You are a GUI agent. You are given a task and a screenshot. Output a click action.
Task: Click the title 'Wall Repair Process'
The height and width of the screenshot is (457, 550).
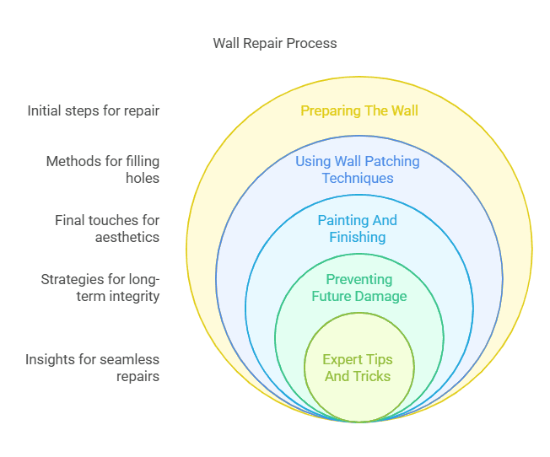pos(275,43)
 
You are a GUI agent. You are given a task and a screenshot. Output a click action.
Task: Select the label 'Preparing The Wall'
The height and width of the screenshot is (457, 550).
pos(359,110)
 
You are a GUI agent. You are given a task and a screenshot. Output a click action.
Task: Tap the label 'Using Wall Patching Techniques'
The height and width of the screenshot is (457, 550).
pos(358,169)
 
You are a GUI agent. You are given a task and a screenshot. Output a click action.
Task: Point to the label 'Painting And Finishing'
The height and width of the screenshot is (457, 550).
pos(358,228)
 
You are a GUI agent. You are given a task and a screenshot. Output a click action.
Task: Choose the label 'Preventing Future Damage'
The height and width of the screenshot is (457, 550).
pos(359,288)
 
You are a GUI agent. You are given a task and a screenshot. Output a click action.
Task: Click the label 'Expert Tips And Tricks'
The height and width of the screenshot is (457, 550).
pos(358,368)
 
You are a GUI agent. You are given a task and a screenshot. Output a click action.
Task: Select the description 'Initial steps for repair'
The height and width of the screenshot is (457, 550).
pos(94,110)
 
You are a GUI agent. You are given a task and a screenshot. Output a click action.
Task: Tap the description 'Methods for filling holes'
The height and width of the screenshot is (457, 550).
pos(103,169)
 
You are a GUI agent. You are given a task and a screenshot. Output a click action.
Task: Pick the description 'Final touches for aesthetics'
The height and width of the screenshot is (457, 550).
pos(107,228)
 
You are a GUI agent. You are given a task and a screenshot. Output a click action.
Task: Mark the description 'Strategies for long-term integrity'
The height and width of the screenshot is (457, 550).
pos(100,288)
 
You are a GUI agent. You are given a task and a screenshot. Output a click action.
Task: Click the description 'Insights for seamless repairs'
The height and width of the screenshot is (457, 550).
pos(93,368)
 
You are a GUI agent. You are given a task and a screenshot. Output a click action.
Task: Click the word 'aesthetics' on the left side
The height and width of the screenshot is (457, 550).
pos(127,237)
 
